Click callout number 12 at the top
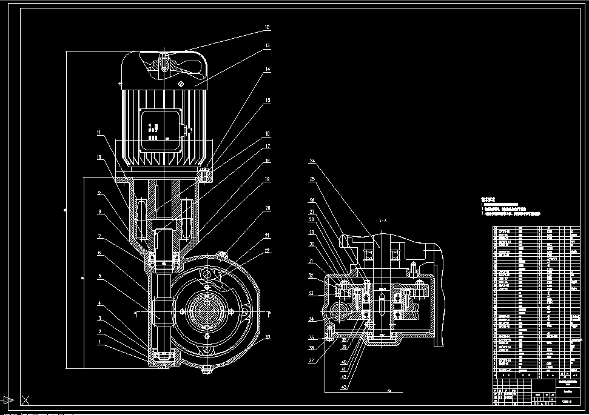coord(267,28)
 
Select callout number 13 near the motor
coord(267,46)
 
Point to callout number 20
coord(267,208)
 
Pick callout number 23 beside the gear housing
coord(267,337)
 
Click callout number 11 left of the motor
coord(99,133)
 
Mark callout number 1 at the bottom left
coord(99,342)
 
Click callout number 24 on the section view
coord(312,162)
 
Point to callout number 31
coord(311,262)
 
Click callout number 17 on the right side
coord(267,147)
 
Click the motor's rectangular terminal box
coord(161,130)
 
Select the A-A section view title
coord(382,221)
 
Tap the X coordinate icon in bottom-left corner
coord(25,400)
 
